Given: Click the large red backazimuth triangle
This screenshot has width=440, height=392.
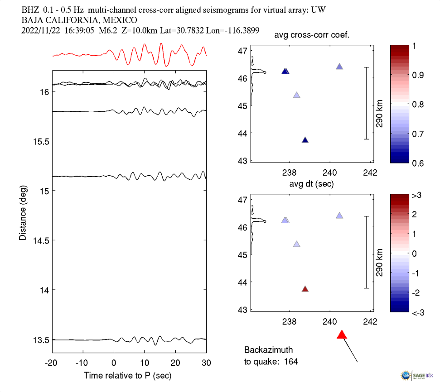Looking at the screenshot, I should tap(342, 335).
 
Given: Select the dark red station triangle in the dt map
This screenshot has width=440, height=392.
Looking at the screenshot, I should tap(305, 289).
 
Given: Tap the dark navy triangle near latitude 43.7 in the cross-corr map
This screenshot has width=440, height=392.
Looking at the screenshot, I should tap(305, 140).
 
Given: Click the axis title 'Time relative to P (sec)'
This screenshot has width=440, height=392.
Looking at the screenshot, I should tap(128, 376).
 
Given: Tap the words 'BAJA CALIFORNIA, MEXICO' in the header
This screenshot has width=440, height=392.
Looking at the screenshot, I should tap(79, 20).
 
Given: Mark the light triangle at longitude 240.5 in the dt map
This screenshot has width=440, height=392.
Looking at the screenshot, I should tap(339, 215).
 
